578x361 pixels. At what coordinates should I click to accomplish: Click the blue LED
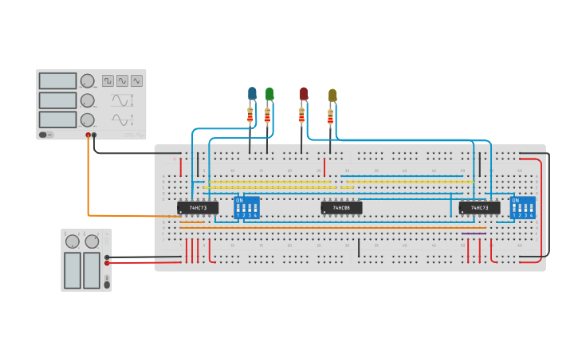click(252, 94)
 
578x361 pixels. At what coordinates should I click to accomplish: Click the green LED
click(269, 94)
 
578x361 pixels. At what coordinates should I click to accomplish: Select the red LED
click(304, 94)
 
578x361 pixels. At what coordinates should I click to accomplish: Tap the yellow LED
click(332, 96)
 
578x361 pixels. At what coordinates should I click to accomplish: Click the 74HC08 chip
click(341, 208)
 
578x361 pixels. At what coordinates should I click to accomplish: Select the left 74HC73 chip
click(197, 208)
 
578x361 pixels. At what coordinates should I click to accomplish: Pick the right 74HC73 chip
click(479, 208)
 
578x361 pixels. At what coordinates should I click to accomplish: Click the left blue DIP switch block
click(246, 208)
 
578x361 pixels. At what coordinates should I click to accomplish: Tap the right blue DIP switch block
click(523, 208)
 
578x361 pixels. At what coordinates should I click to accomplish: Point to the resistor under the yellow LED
click(330, 118)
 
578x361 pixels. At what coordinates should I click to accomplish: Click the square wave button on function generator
click(108, 80)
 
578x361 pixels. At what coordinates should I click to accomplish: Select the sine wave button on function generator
click(122, 80)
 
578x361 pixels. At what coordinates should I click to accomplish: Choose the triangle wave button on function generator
click(137, 80)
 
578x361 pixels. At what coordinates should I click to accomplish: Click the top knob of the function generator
click(87, 81)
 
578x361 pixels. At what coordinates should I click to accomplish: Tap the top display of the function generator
click(57, 81)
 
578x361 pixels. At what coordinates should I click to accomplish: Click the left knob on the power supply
click(73, 241)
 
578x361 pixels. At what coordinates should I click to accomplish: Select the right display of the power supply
click(92, 270)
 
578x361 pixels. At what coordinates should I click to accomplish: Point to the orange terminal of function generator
click(88, 135)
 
